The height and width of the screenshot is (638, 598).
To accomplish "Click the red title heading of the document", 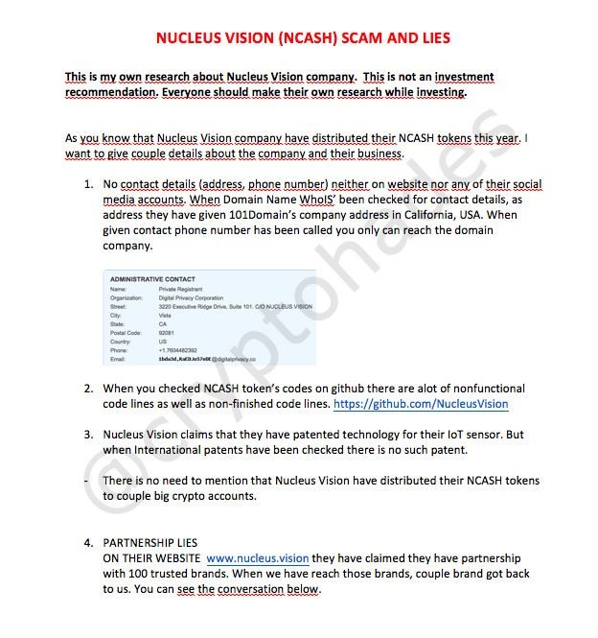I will pyautogui.click(x=302, y=38).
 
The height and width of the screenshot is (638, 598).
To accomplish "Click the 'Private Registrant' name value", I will pyautogui.click(x=180, y=288).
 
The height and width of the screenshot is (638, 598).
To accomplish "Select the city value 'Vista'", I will pyautogui.click(x=165, y=315).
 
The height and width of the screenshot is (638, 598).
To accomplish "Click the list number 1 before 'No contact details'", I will pyautogui.click(x=87, y=183).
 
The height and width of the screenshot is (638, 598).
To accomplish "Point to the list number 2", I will pyautogui.click(x=87, y=389).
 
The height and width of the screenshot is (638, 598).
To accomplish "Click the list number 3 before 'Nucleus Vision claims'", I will pyautogui.click(x=87, y=434).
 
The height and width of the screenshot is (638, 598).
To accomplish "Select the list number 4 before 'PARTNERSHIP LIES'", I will pyautogui.click(x=87, y=542).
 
